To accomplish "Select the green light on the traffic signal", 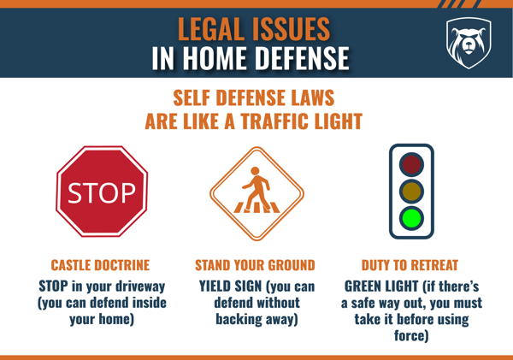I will pyautogui.click(x=412, y=217).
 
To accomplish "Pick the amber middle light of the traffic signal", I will pyautogui.click(x=412, y=191).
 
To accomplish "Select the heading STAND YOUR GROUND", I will pyautogui.click(x=256, y=264).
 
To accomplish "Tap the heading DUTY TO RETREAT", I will pyautogui.click(x=411, y=264).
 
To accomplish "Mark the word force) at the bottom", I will pyautogui.click(x=411, y=336).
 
